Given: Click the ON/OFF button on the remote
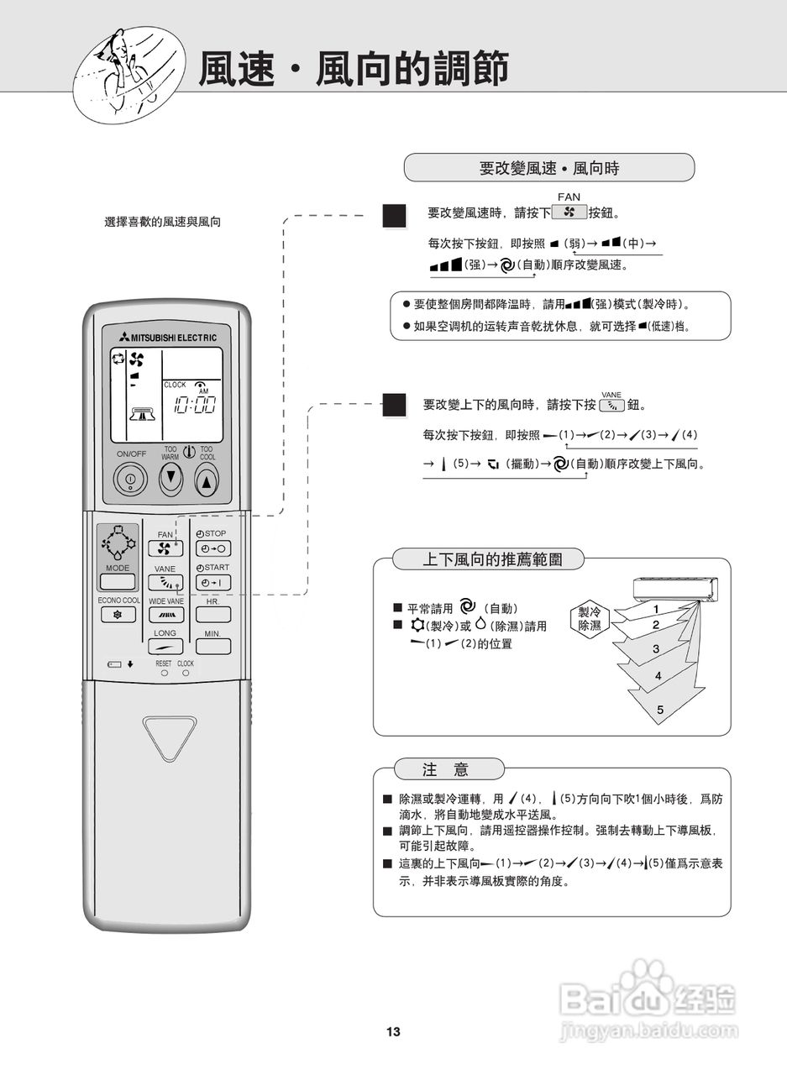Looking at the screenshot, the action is click(130, 480).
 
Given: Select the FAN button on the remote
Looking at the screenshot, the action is click(165, 549).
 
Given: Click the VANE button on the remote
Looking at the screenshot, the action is click(165, 583).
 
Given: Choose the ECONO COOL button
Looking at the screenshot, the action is click(118, 615).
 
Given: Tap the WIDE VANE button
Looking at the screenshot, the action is click(165, 615).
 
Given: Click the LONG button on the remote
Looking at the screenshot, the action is click(165, 648).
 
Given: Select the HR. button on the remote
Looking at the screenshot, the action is click(213, 615).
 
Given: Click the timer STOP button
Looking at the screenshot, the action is click(213, 549).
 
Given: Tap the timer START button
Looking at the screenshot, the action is click(213, 583).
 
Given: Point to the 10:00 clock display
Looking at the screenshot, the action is click(193, 406).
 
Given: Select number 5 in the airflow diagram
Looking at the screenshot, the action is click(660, 711).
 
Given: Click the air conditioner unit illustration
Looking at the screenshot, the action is click(675, 590).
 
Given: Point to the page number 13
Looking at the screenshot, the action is click(393, 1032).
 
